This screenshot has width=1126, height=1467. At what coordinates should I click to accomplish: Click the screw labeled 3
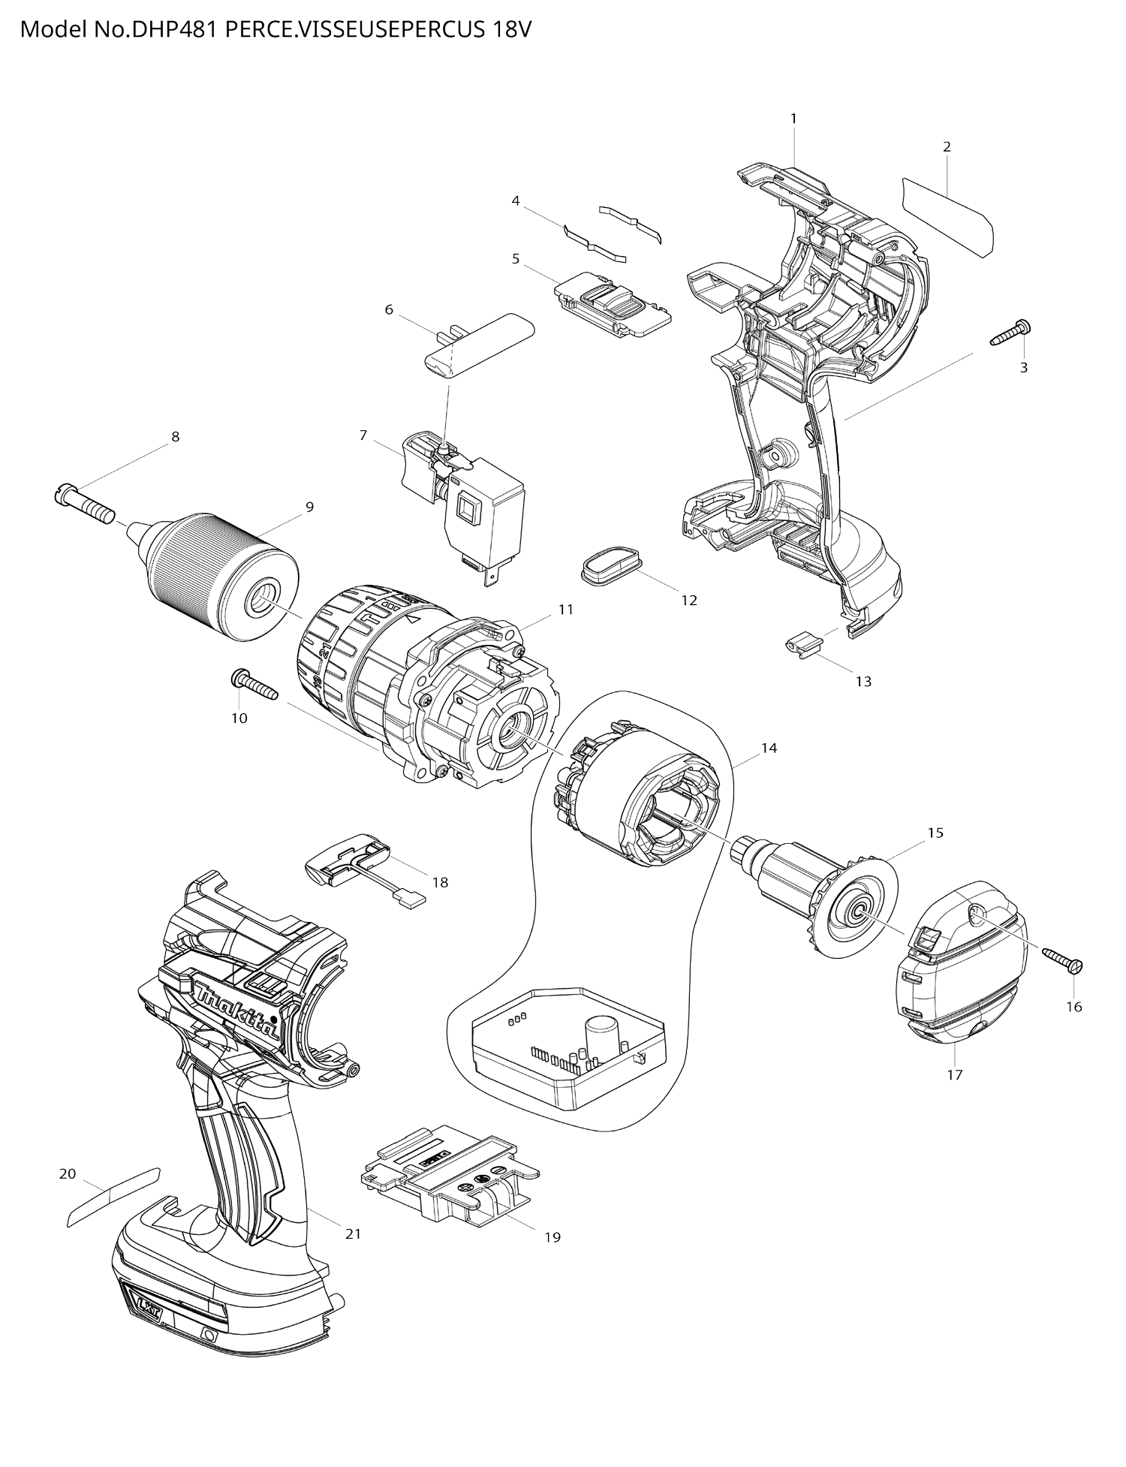[x=1010, y=333]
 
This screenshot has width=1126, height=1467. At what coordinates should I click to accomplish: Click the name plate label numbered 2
[x=948, y=215]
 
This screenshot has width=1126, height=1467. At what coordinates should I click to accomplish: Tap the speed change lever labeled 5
[x=612, y=306]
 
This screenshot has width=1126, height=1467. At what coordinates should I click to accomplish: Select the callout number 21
[x=353, y=1233]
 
